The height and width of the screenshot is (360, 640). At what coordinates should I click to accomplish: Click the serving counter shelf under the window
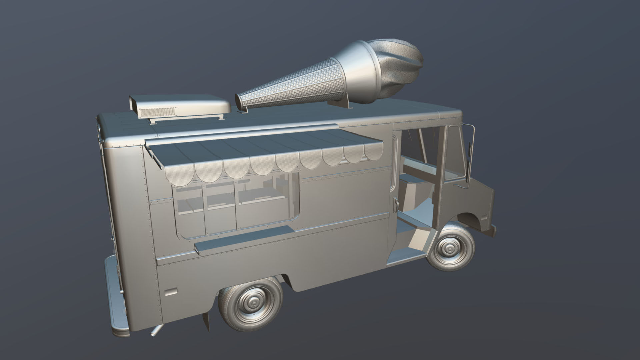243,237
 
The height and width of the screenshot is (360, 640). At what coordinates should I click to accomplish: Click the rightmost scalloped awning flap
373,152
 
